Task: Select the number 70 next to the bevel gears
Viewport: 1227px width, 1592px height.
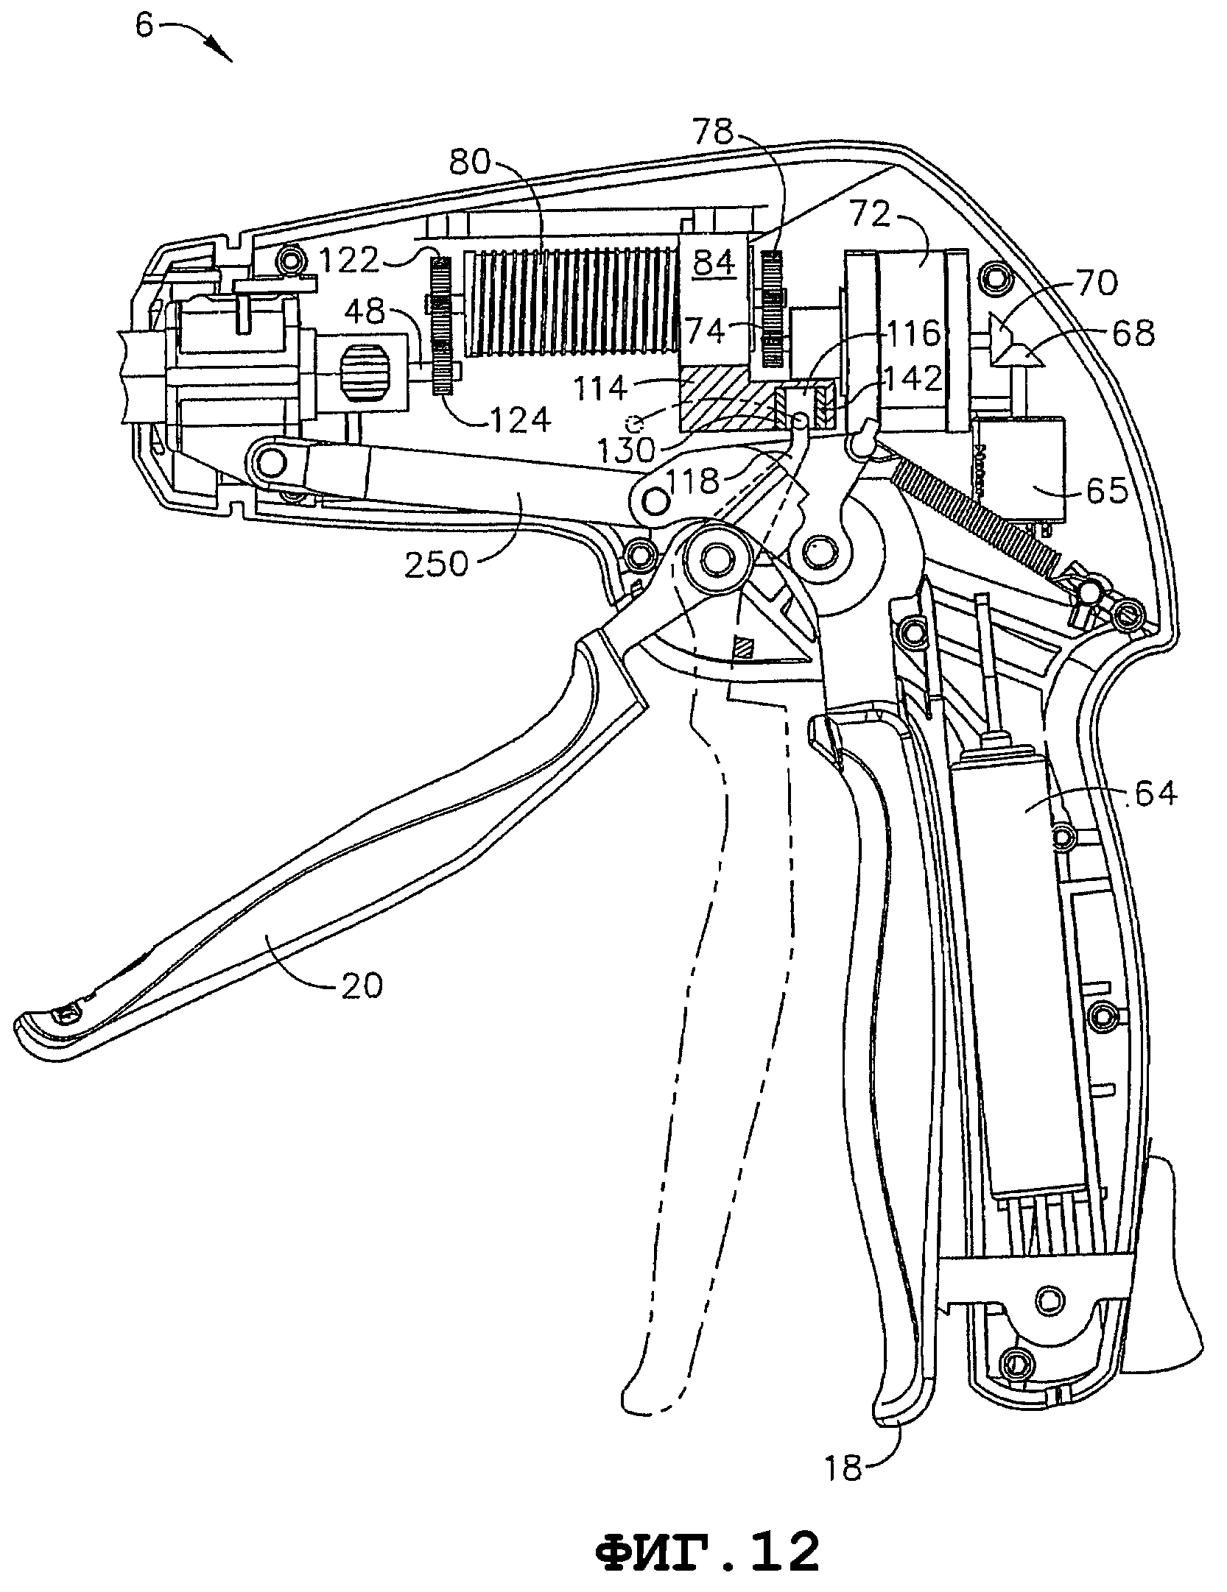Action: [1096, 284]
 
